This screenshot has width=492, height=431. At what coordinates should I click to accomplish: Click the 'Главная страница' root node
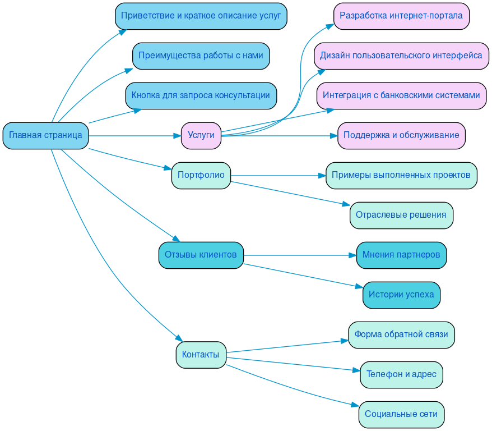pyautogui.click(x=45, y=135)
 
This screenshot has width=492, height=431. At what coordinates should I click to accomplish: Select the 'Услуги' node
pyautogui.click(x=201, y=135)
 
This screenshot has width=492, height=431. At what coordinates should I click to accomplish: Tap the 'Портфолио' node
pyautogui.click(x=201, y=175)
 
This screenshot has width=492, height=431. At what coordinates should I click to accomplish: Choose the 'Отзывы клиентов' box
pyautogui.click(x=201, y=255)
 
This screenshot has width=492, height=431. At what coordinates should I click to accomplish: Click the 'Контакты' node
pyautogui.click(x=201, y=355)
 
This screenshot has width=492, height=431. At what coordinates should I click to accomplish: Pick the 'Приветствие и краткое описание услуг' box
pyautogui.click(x=201, y=16)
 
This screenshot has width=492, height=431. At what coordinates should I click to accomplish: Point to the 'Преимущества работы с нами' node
pyautogui.click(x=201, y=56)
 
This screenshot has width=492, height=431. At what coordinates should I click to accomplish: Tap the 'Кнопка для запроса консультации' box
pyautogui.click(x=201, y=95)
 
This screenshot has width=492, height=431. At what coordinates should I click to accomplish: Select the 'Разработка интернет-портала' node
pyautogui.click(x=401, y=16)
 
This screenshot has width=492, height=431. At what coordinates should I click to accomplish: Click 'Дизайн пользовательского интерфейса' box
pyautogui.click(x=401, y=56)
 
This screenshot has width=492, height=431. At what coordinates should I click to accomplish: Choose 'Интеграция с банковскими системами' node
pyautogui.click(x=401, y=95)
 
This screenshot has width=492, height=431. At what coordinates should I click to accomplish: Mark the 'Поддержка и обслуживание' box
pyautogui.click(x=401, y=135)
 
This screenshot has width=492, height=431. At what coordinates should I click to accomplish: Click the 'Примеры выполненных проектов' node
pyautogui.click(x=401, y=175)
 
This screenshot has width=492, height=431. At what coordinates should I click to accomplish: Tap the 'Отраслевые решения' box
pyautogui.click(x=401, y=215)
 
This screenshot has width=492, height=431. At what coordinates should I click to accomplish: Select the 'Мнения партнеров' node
pyautogui.click(x=401, y=255)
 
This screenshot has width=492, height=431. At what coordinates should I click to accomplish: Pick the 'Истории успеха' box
pyautogui.click(x=401, y=295)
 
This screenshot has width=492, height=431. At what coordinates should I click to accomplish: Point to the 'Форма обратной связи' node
pyautogui.click(x=401, y=334)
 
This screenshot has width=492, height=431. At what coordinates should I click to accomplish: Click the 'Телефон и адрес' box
pyautogui.click(x=401, y=374)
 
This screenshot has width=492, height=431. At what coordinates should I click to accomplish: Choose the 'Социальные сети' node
pyautogui.click(x=401, y=414)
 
